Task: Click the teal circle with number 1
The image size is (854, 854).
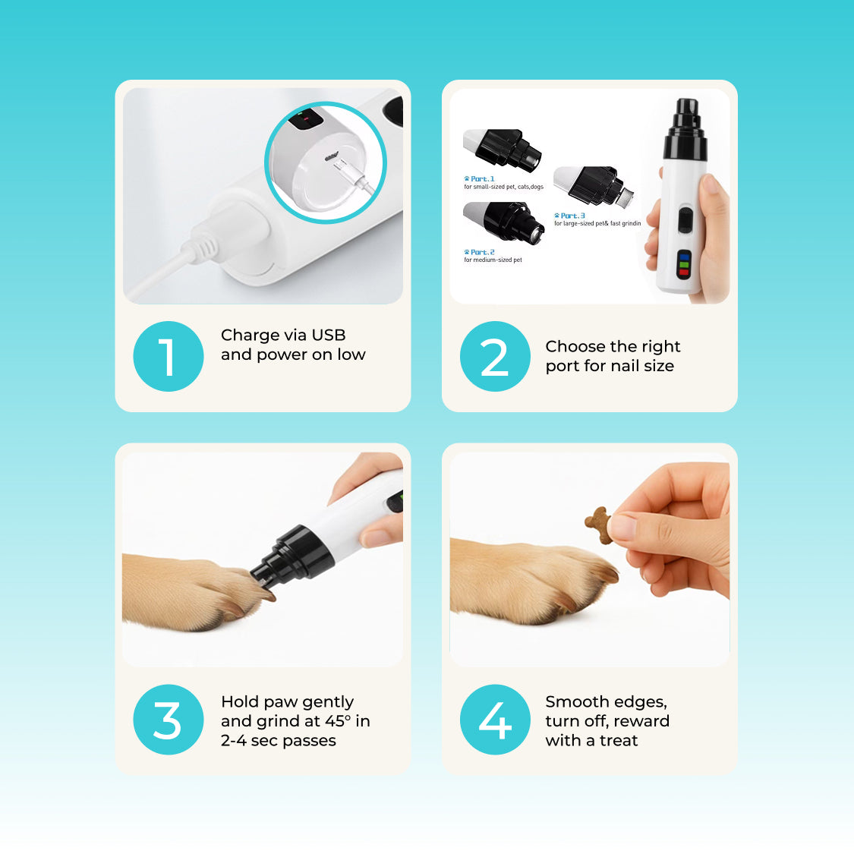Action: pos(169,356)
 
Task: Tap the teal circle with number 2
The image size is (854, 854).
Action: pos(495,356)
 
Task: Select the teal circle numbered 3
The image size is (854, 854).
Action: pos(169,720)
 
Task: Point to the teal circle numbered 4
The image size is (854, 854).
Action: pos(495,720)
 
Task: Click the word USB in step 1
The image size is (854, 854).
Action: pos(329,335)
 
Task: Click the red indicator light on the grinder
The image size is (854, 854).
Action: pos(683,273)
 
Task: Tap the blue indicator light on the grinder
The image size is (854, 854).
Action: pos(684,257)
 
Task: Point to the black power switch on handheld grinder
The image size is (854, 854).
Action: pos(685,221)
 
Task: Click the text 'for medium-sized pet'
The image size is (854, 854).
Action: pos(493,260)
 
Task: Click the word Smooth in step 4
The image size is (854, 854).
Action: pos(575,701)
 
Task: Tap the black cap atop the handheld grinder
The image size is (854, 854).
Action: pos(685,129)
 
